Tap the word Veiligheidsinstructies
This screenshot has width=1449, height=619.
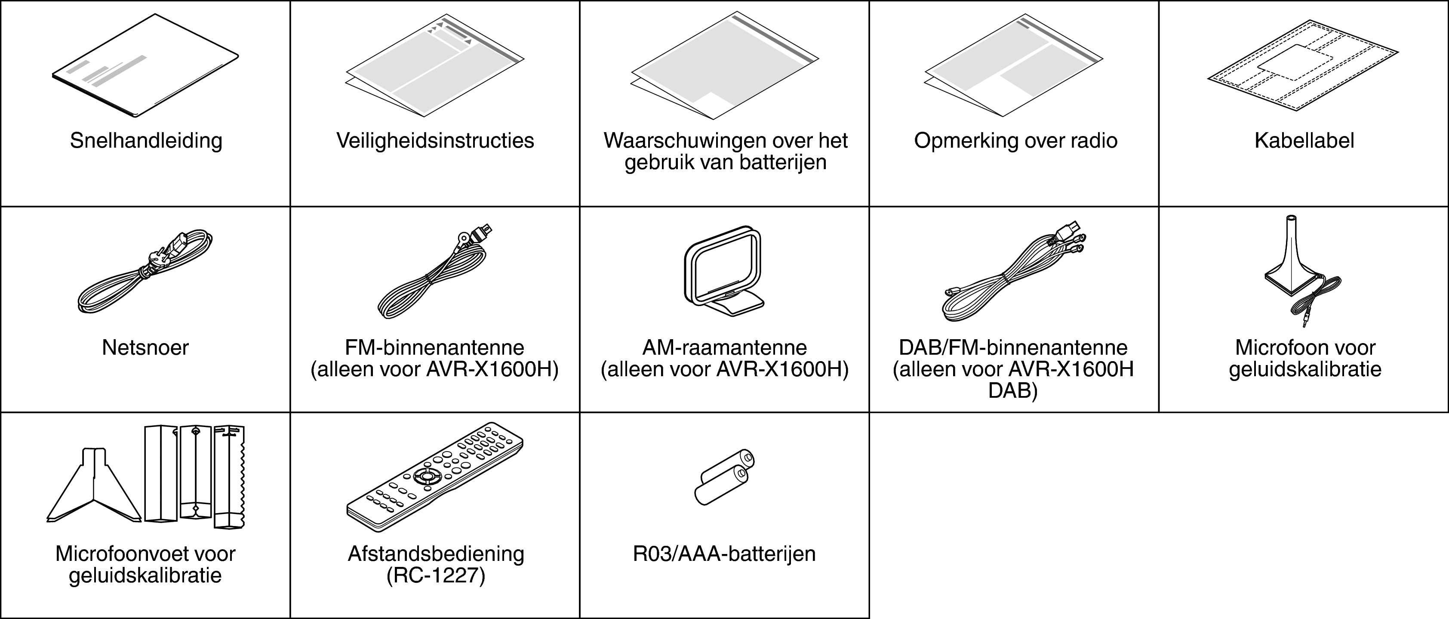[x=435, y=141]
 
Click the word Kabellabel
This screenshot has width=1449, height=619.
[x=1304, y=141]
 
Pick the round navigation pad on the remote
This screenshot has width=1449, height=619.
[x=426, y=476]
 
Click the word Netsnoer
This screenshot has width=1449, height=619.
[x=145, y=348]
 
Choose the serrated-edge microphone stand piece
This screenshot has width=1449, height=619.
[x=230, y=476]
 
